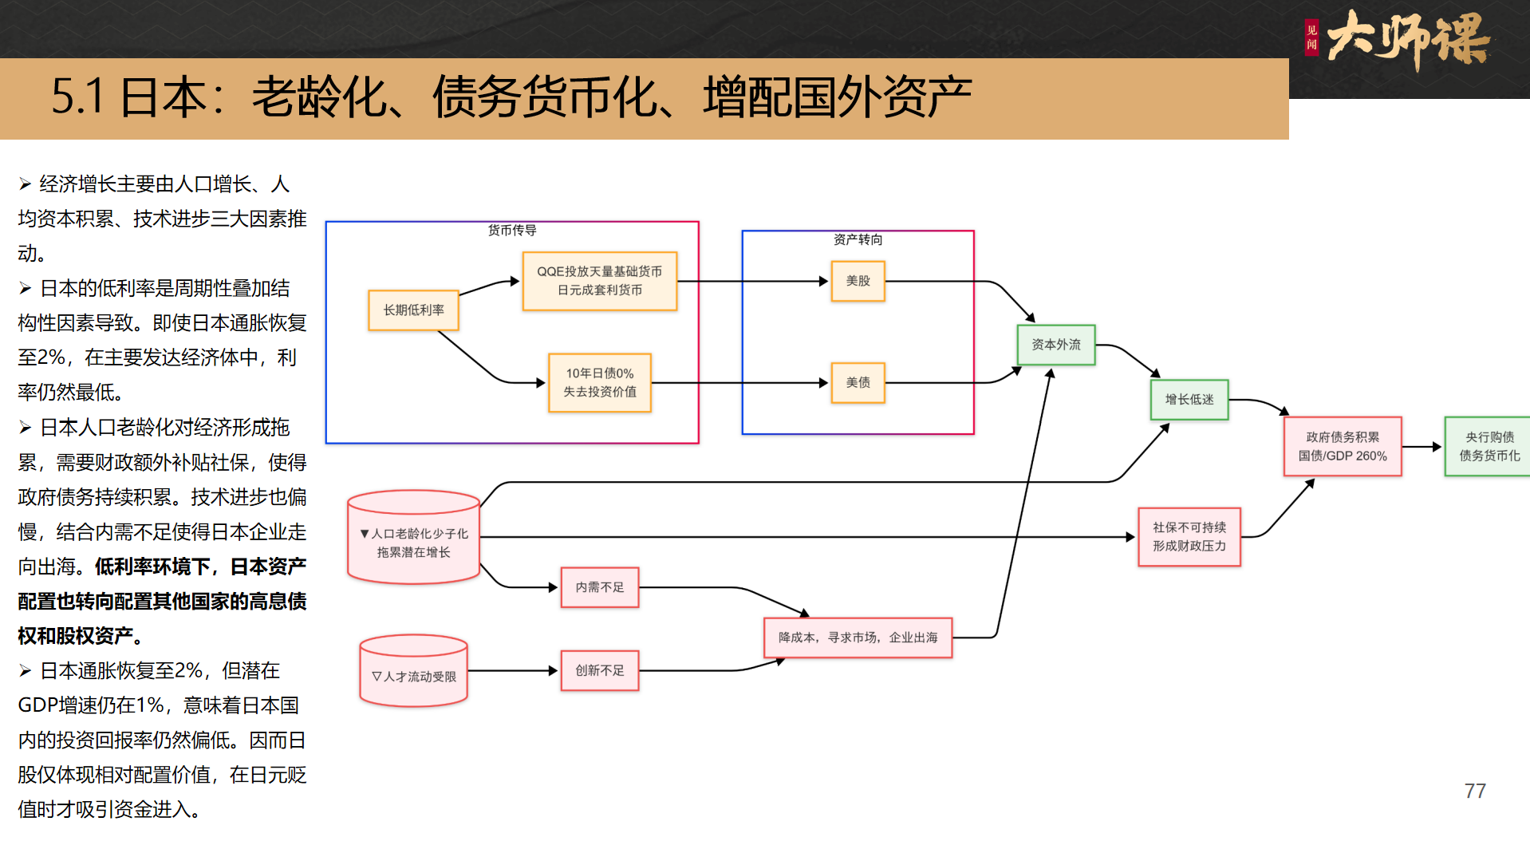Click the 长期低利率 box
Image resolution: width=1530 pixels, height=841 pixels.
413,310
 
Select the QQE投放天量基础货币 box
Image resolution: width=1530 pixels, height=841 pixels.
599,281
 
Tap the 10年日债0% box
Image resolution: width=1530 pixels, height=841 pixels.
599,383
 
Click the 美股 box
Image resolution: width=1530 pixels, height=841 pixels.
858,281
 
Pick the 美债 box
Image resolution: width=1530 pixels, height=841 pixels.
858,383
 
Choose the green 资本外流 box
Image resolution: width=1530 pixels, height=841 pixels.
1055,345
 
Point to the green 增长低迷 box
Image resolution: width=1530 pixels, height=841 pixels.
1189,400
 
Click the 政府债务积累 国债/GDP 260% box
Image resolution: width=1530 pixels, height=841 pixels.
1342,447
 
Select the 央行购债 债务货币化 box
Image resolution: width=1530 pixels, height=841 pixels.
1488,447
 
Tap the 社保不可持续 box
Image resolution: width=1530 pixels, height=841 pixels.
1189,537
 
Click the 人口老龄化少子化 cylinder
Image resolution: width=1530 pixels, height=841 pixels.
413,539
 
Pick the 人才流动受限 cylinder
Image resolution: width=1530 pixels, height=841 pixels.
413,673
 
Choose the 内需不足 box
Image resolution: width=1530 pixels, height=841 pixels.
599,587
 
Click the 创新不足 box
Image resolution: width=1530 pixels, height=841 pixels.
599,671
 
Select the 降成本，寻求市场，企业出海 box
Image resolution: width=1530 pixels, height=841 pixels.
858,638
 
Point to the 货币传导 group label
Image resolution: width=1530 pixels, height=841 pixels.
512,231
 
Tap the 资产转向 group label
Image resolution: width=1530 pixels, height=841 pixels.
858,240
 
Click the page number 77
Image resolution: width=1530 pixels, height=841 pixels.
1475,791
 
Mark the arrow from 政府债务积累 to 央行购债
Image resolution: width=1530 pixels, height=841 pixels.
1422,447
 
